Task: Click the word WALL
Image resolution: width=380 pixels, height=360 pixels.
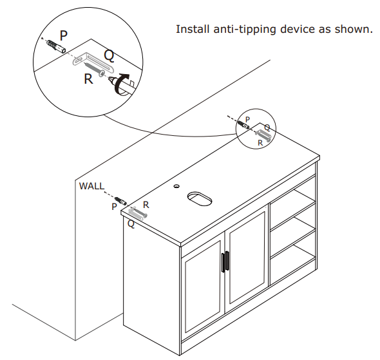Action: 91,186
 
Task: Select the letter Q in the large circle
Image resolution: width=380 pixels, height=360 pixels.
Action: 109,56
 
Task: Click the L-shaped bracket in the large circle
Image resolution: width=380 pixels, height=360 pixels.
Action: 90,59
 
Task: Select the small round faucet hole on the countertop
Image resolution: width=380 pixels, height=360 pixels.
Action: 176,187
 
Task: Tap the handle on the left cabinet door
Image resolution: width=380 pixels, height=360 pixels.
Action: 223,262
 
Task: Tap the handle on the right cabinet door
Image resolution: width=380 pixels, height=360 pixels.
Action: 228,260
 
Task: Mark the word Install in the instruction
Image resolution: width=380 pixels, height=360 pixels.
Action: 193,30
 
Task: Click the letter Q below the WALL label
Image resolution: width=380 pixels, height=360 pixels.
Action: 131,224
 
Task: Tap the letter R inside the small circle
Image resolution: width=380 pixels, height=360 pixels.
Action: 260,143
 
